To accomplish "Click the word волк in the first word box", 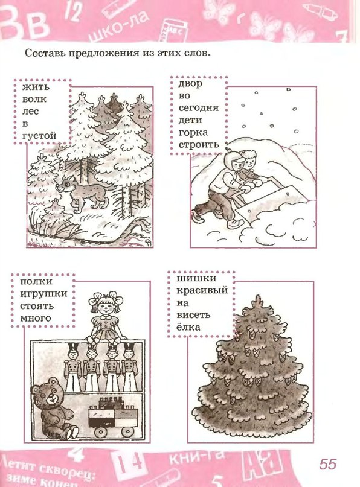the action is pos(34,100).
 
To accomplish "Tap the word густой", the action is pos(39,136).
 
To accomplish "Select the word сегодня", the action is pos(199,108).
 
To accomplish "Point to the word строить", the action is pos(199,145).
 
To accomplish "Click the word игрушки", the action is pos(44,294).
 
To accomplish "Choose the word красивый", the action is pos(202,291).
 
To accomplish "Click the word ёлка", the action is pos(188,326).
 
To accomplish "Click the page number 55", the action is pos(327,464).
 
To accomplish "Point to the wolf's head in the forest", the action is pos(65,184).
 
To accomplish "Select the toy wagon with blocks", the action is pos(113,417).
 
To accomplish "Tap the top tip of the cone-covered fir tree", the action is pos(258,296).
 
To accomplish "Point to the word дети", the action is pos(190,120).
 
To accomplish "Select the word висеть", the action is pos(193,314).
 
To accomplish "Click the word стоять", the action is pos(37,306).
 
